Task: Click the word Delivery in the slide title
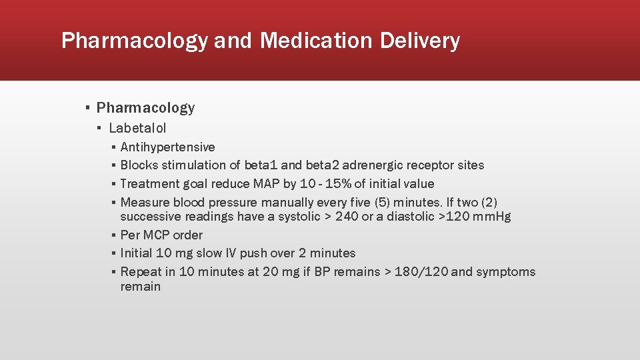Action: click(x=420, y=41)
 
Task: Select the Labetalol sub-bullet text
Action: click(x=137, y=128)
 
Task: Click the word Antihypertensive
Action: click(x=167, y=147)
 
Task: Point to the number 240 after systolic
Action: click(x=347, y=217)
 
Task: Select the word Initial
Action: click(x=136, y=253)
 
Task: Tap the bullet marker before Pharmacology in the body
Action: click(x=87, y=108)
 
